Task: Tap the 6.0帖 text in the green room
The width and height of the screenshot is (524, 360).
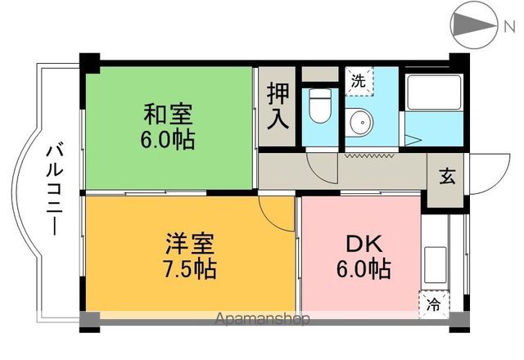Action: [169, 139]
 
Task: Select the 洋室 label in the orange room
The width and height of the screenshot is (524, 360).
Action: [190, 243]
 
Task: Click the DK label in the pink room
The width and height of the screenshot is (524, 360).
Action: [363, 243]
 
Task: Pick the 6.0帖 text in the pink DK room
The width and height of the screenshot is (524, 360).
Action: [363, 268]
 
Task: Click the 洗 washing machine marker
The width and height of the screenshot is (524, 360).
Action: [358, 80]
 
